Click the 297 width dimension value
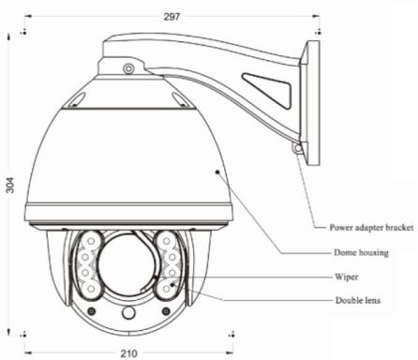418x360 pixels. tap(172, 17)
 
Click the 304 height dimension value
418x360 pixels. tap(10, 185)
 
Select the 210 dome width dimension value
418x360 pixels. tap(129, 353)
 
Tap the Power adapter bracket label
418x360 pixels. tap(371, 228)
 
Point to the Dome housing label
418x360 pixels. tap(361, 252)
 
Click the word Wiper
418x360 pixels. tap(347, 277)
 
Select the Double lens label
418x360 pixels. tap(358, 301)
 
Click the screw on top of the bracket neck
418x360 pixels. tap(128, 68)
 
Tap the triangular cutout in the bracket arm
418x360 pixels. tap(267, 91)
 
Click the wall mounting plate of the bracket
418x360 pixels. tap(310, 103)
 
